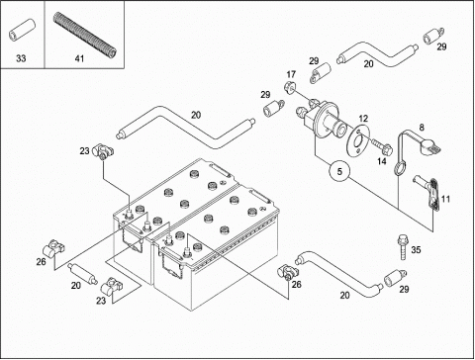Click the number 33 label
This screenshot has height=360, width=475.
tap(21, 59)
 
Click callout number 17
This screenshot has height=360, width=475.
tap(291, 75)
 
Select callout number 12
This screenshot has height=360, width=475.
tap(361, 118)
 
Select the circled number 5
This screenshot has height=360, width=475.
tap(339, 172)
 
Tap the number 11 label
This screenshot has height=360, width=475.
tap(445, 200)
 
